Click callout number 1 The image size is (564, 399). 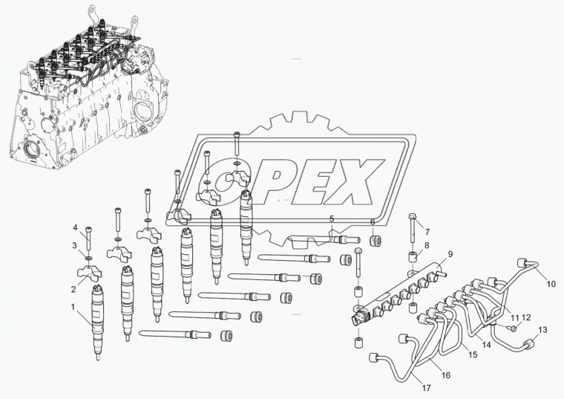[x=73, y=306]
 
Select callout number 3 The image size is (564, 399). [x=74, y=244]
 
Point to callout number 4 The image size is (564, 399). [x=75, y=227]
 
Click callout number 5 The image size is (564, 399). [x=332, y=218]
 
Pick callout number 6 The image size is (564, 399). [x=373, y=221]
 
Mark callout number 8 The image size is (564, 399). [x=427, y=245]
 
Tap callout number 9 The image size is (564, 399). [x=450, y=253]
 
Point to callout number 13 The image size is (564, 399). [x=542, y=329]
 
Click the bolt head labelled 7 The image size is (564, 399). [x=413, y=219]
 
